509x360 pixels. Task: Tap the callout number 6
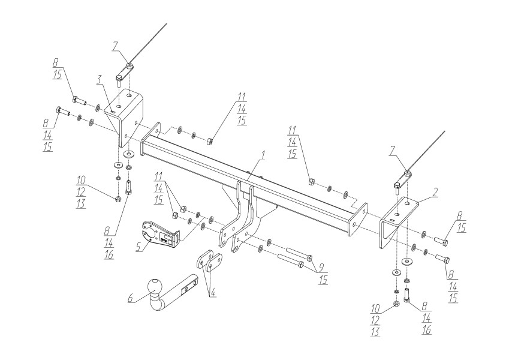(131, 298)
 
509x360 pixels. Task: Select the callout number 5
(138, 248)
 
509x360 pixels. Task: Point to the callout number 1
(263, 156)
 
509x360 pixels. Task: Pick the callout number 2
(435, 193)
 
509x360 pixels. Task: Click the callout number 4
(212, 292)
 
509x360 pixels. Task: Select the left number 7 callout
(115, 47)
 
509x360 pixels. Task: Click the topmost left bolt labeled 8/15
(80, 100)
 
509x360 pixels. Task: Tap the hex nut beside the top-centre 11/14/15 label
(209, 142)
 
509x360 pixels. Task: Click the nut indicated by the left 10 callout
(118, 198)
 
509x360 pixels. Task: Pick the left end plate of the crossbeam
(150, 139)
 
